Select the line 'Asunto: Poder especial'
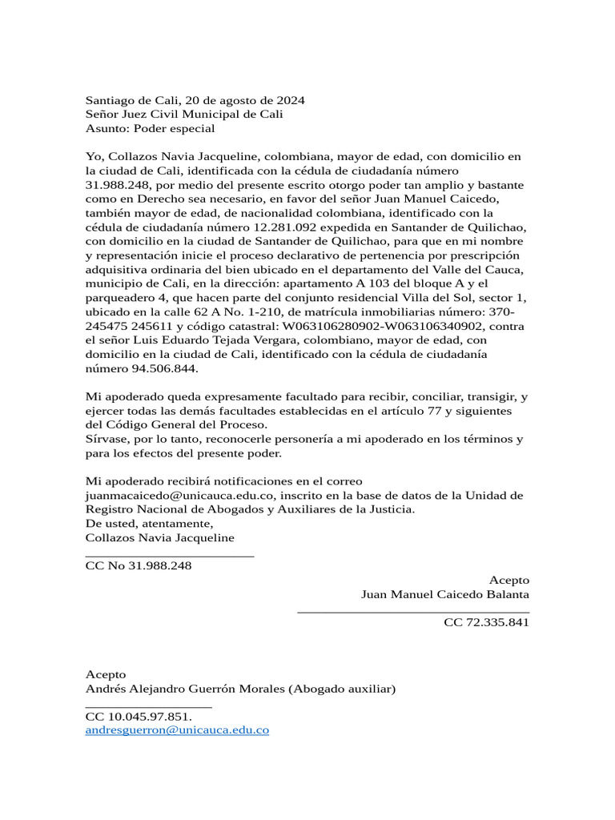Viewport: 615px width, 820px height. click(151, 128)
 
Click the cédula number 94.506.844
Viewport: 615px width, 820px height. click(164, 368)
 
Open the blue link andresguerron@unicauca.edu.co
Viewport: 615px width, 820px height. click(177, 730)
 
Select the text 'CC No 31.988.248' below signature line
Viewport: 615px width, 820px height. click(139, 566)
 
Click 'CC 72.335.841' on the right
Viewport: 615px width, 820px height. click(486, 622)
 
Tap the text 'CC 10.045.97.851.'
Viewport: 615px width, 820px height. click(139, 717)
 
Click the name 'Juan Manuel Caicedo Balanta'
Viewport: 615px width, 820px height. click(444, 594)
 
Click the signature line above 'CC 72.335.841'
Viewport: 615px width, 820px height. click(412, 613)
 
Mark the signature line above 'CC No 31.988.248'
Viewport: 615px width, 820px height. click(170, 555)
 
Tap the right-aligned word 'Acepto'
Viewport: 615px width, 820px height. click(508, 580)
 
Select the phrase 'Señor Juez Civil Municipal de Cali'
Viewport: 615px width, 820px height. click(184, 115)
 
